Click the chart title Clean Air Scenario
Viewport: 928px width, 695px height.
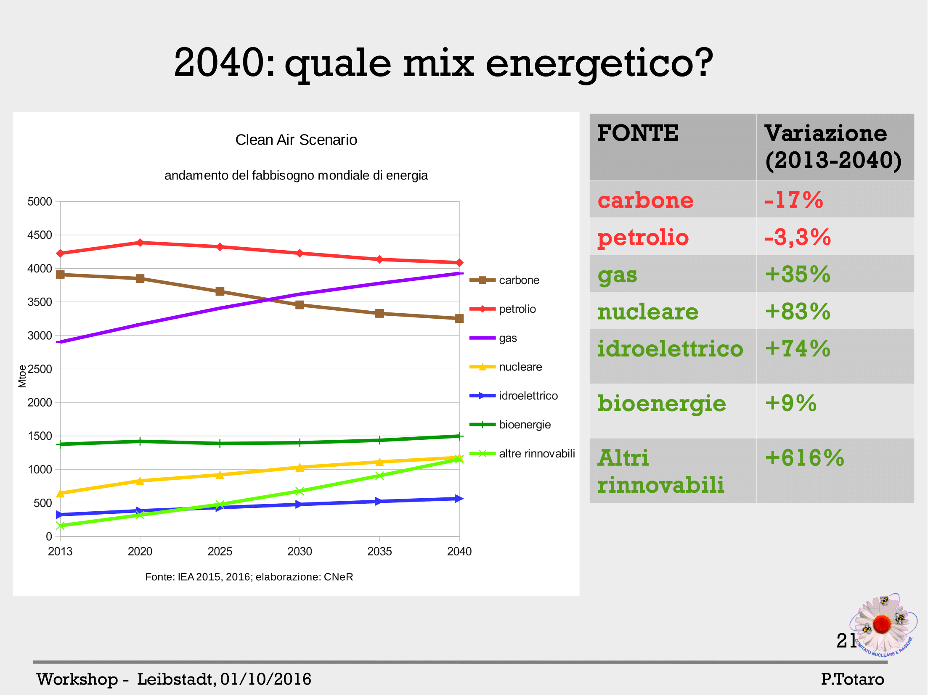click(x=296, y=140)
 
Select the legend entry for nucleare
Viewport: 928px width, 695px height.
click(x=520, y=367)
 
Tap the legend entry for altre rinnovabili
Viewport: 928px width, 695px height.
click(x=536, y=454)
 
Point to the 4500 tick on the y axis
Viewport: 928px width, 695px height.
click(x=40, y=235)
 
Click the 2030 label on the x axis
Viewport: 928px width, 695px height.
click(x=300, y=551)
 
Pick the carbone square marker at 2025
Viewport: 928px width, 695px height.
click(x=220, y=291)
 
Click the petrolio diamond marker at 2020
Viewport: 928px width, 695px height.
click(x=140, y=243)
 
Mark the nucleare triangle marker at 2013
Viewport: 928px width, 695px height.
click(x=60, y=493)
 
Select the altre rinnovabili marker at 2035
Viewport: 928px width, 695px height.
click(x=379, y=476)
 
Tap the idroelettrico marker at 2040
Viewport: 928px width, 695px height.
click(x=459, y=499)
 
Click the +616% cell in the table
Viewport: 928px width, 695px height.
click(x=804, y=458)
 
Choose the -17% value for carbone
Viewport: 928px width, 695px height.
click(x=793, y=200)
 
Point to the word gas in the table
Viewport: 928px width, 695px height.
click(x=617, y=275)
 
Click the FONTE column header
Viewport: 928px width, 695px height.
click(x=638, y=133)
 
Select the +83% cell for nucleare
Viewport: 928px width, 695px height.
click(x=797, y=312)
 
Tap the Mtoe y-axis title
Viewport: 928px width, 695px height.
click(x=22, y=376)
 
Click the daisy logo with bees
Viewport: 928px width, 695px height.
click(x=883, y=625)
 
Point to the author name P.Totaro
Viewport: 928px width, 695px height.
click(x=852, y=679)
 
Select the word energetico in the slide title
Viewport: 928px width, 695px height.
click(x=599, y=63)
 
